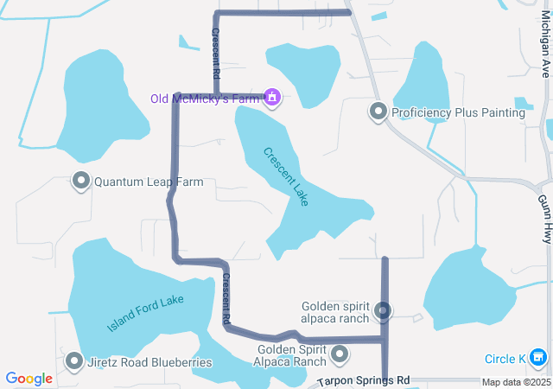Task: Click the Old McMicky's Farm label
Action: coord(206,99)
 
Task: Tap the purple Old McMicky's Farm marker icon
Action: coord(272,97)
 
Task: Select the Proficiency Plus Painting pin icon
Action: coord(378,112)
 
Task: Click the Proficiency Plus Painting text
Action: coord(458,112)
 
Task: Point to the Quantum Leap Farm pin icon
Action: coord(81,182)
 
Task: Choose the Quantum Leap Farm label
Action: coord(149,182)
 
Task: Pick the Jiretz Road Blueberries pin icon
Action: coord(74,362)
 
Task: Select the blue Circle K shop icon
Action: coord(537,356)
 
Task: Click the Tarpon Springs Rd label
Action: coord(363,380)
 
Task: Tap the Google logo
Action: coord(29,379)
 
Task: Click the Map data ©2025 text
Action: coord(515,382)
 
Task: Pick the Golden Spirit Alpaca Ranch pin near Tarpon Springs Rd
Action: coord(340,354)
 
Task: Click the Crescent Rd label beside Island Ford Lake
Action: coord(226,299)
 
